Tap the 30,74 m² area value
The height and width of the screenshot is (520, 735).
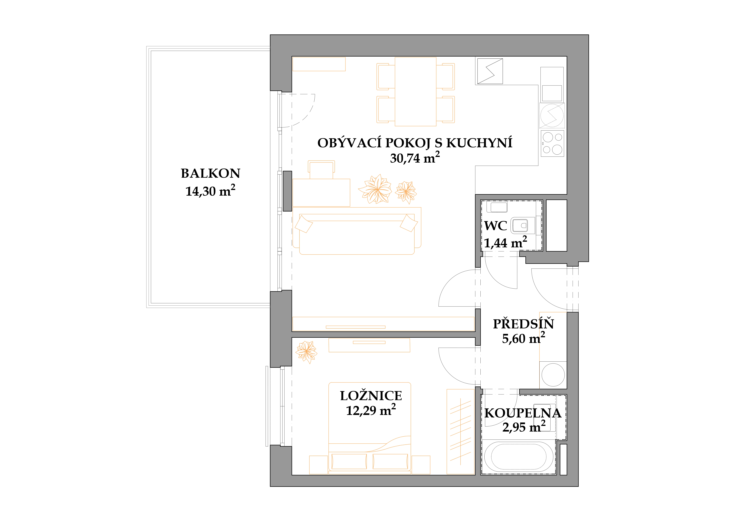pos(415,158)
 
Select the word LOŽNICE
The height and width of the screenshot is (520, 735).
pos(371,396)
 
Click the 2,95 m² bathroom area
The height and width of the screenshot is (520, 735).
pos(524,427)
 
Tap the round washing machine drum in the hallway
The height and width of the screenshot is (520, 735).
pos(553,374)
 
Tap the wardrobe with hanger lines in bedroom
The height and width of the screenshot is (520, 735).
pos(460,432)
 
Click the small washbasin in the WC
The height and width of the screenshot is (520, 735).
pos(497,207)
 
